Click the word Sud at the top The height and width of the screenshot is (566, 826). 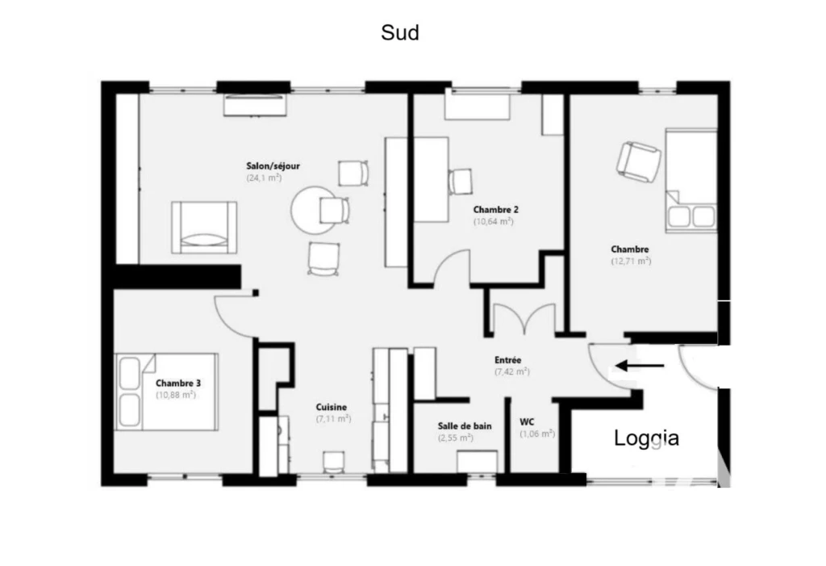pos(400,33)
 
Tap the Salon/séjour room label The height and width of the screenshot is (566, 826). pos(273,166)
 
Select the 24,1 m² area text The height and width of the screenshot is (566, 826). pos(264,178)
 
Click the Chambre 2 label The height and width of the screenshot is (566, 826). pos(496,209)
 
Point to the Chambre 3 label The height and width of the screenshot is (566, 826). pos(178,383)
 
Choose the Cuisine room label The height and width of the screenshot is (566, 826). pos(332,407)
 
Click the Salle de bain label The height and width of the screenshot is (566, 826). pos(465,426)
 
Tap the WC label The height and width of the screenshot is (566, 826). pos(527,421)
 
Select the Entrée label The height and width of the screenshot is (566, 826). pos(508,360)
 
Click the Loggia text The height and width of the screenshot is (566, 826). pos(646,438)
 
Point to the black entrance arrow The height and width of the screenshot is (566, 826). pos(640,365)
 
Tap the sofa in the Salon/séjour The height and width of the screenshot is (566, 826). pos(204,228)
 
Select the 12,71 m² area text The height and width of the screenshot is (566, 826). pos(631,261)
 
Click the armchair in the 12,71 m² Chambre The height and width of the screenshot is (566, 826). pos(639,162)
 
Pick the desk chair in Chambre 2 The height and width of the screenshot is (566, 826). pos(461,182)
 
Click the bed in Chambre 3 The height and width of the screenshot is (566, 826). pos(166,392)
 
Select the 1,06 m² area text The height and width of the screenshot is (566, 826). pos(537,434)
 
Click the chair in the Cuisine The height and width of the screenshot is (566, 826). pos(334,462)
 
